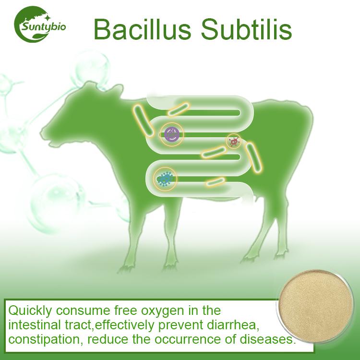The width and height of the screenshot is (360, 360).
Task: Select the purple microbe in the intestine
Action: point(172,135)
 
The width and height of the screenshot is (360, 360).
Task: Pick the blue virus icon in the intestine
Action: point(165,179)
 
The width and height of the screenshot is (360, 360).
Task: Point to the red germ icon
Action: point(233,141)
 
